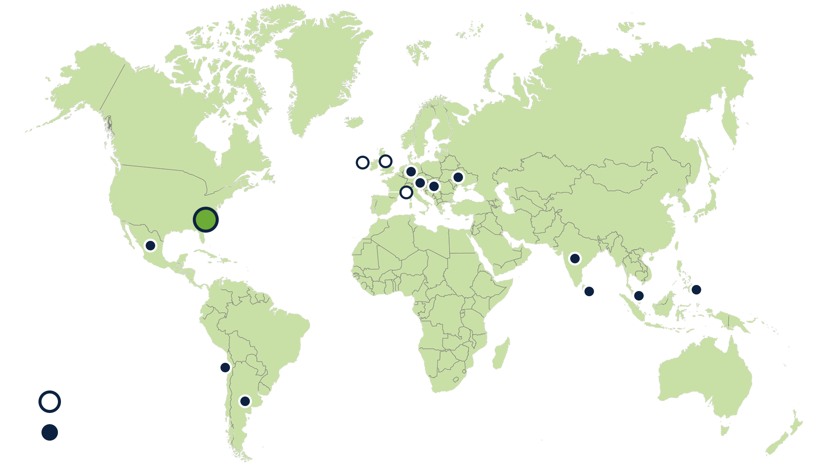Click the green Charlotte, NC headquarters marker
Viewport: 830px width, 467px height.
[205, 220]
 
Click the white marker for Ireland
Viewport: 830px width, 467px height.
[363, 163]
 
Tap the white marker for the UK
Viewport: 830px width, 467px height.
[385, 161]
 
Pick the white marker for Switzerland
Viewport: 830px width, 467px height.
[406, 192]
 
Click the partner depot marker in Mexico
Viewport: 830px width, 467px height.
[150, 246]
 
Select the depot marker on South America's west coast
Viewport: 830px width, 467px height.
[225, 368]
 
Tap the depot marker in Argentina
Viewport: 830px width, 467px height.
[245, 401]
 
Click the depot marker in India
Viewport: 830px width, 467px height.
[575, 259]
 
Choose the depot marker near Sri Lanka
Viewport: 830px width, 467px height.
[589, 291]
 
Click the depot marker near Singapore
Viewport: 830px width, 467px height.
[638, 296]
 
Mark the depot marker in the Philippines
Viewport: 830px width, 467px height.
[696, 289]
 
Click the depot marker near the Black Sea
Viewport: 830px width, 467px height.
[458, 177]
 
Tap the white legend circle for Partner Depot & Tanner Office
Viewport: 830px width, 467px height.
[50, 402]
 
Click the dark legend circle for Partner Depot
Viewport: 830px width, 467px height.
[50, 432]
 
